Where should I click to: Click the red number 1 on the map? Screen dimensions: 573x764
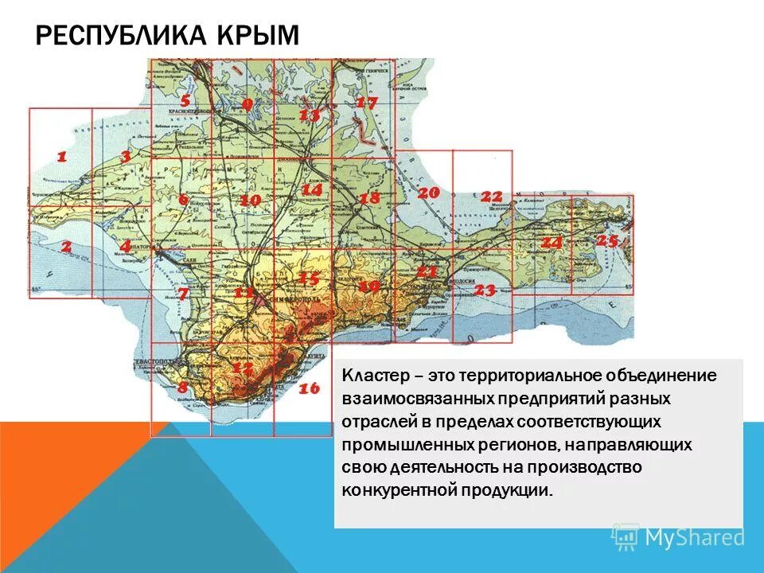(x=61, y=157)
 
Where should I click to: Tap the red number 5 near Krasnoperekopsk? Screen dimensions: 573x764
(x=185, y=101)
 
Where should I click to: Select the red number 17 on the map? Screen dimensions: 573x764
(x=366, y=103)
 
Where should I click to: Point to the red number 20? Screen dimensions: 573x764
(x=428, y=193)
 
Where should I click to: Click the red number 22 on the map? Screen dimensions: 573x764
(x=491, y=197)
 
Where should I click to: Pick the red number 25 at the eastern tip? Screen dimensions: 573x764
(x=607, y=240)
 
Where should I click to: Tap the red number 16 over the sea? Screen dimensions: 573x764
(x=309, y=389)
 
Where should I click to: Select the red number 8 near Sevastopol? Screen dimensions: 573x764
(x=183, y=388)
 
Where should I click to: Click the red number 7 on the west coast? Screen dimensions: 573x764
(x=183, y=294)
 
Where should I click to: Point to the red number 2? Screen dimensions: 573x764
(x=66, y=247)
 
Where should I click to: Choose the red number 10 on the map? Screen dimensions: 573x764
(x=250, y=201)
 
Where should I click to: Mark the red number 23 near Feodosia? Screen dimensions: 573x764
(x=485, y=290)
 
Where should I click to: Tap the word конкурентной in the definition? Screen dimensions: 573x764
(x=399, y=490)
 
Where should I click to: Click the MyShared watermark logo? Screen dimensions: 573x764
(x=679, y=538)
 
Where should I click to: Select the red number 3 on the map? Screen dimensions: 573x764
(x=125, y=157)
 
